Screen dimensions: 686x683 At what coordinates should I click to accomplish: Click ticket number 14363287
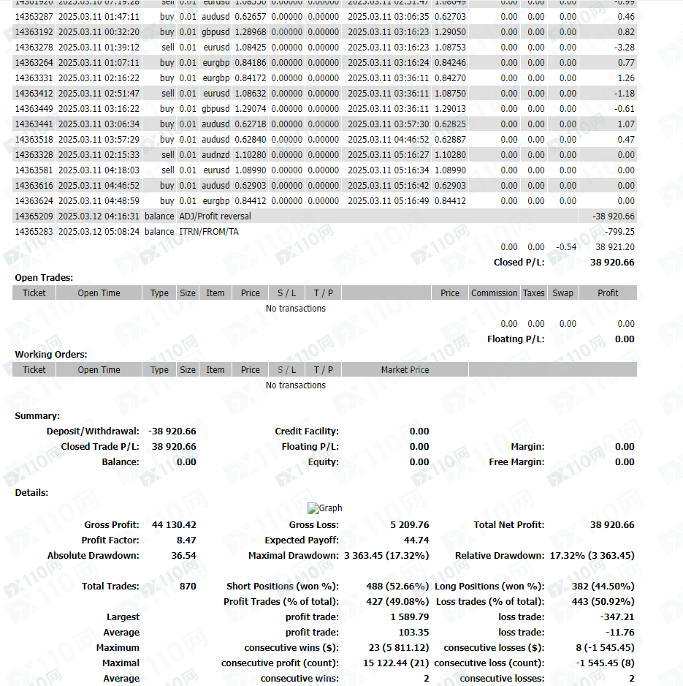pos(34,16)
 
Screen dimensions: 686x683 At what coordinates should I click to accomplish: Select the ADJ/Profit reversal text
pos(215,216)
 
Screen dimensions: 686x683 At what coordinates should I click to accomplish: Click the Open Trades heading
pos(44,278)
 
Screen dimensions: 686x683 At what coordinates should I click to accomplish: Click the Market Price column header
pos(405,370)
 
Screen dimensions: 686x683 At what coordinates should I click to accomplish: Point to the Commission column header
pos(494,293)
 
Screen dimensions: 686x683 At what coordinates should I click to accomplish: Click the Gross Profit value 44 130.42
pos(174,525)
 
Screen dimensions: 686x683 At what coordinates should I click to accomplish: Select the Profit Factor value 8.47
pos(186,540)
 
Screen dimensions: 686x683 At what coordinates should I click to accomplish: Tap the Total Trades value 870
pos(188,587)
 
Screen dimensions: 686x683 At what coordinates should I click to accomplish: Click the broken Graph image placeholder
pos(324,508)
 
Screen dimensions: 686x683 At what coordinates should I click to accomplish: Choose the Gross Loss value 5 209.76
pos(410,525)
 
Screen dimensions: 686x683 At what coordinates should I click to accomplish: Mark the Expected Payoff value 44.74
pos(416,540)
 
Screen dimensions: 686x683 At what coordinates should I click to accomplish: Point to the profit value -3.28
pos(625,48)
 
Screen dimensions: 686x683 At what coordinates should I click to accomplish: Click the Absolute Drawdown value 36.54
pos(183,556)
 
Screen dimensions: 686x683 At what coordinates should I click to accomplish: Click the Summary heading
pos(37,416)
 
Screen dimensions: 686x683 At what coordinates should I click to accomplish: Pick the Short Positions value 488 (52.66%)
pos(397,587)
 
